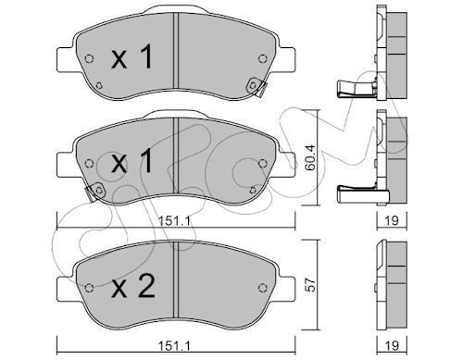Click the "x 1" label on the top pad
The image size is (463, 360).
[x=131, y=59]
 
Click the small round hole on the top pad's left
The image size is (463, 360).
[x=88, y=62]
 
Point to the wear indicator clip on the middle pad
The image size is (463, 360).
[x=93, y=192]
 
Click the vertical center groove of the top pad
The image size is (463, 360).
[x=173, y=57]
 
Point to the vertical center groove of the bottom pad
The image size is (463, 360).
[x=173, y=282]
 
